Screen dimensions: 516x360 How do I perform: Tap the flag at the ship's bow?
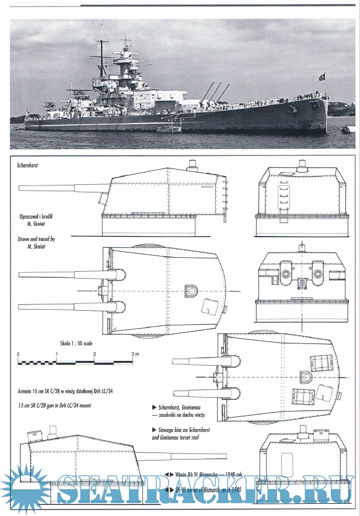321,77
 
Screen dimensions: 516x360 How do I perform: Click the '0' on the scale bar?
18,354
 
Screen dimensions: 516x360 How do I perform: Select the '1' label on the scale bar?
57,354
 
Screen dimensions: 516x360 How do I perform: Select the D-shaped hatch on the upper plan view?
191,290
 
